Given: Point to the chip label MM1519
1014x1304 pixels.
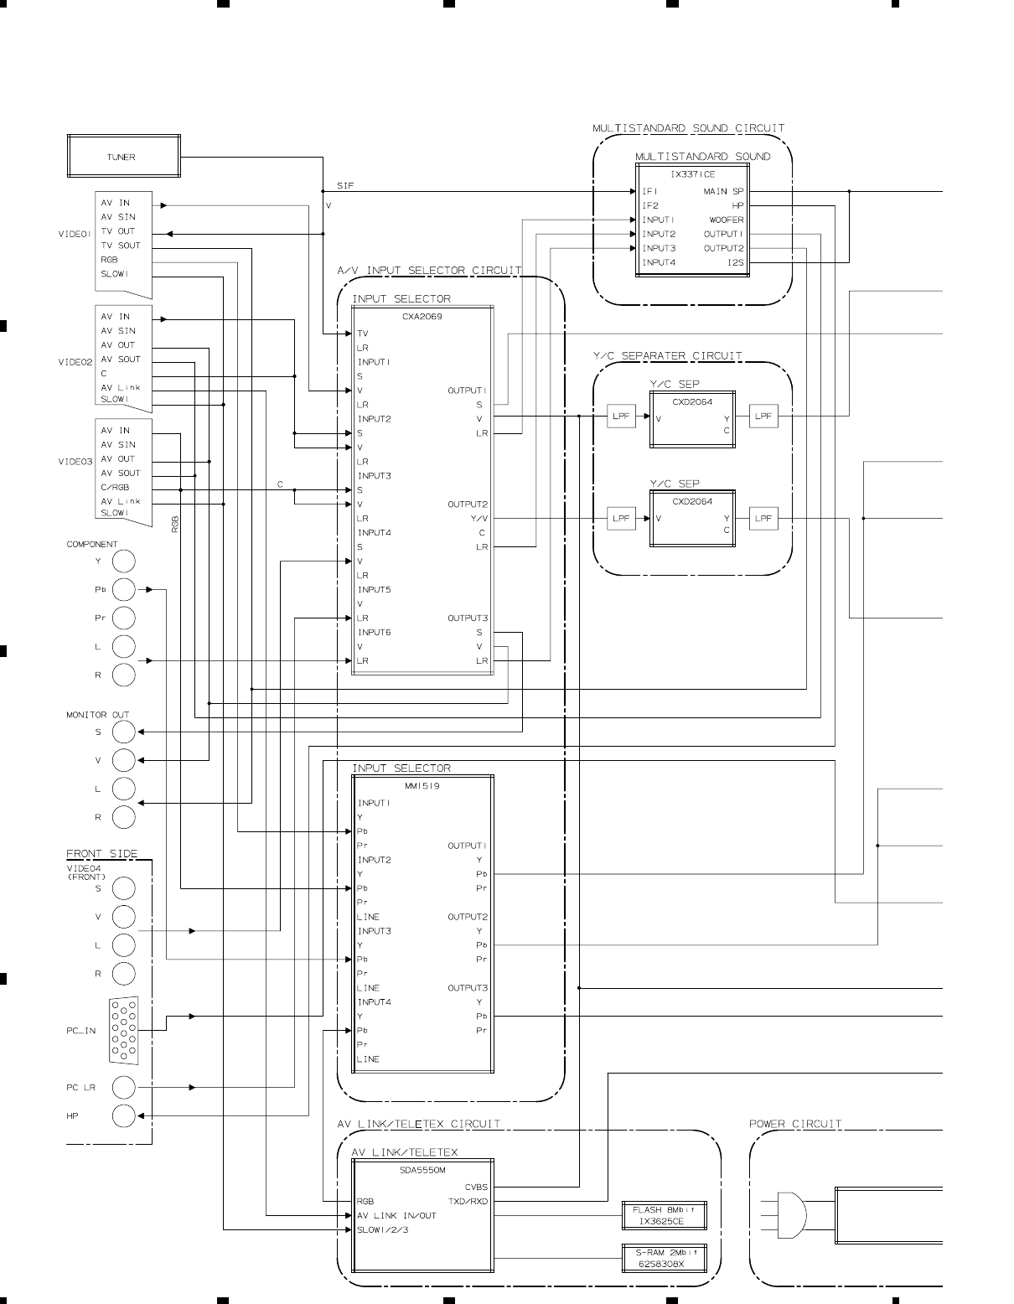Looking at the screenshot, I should pos(422,786).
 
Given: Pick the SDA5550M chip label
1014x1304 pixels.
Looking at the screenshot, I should pos(422,1169).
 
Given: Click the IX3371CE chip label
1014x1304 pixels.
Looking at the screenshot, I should pos(693,174).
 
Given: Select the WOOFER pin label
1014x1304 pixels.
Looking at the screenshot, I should pos(726,220).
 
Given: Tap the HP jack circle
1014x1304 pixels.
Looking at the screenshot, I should pos(124,1116).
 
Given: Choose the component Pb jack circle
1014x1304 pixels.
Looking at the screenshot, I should pos(124,590).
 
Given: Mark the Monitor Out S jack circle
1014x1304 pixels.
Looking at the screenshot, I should pos(124,732).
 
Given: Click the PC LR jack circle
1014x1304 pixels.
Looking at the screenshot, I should pos(124,1088).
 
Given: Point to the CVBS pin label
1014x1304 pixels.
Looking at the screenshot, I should pos(476,1187).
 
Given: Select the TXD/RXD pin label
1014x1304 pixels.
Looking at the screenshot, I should pos(468,1201).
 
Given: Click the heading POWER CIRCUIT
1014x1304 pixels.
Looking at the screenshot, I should pos(794,1124).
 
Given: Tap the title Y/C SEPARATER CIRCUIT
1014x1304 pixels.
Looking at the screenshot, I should pos(667,356).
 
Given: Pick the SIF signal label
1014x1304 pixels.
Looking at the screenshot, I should pos(344,185).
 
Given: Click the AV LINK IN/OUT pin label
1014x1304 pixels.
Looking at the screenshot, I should pos(396,1215).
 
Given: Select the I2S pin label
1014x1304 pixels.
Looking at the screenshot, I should pos(735,262).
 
